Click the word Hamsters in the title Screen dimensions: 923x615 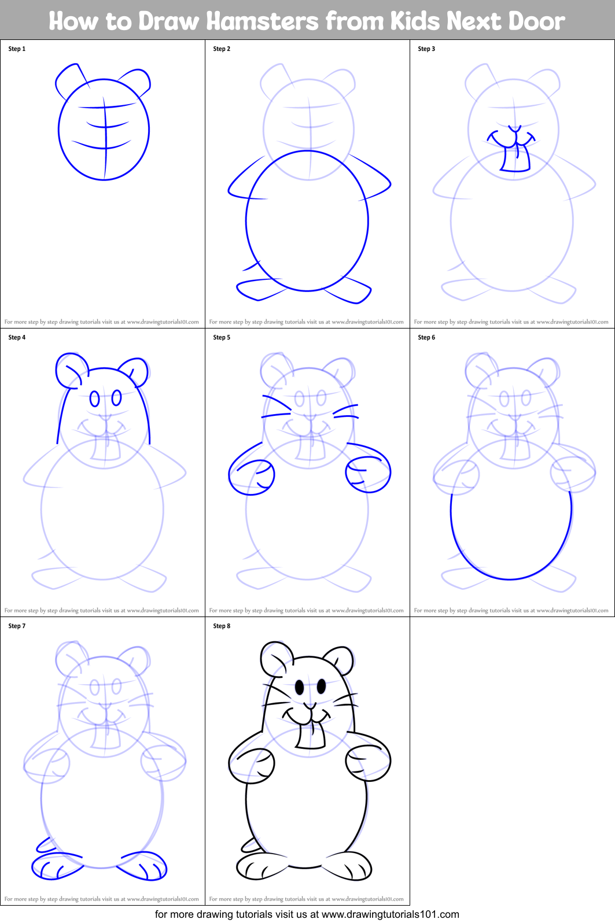(262, 21)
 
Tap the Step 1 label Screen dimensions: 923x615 (17, 49)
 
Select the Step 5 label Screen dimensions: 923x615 (222, 338)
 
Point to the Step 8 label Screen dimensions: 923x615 (222, 626)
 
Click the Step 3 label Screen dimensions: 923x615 (426, 49)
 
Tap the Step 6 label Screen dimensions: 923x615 (426, 338)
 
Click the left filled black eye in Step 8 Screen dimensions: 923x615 (300, 687)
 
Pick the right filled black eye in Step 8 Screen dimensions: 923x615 (321, 686)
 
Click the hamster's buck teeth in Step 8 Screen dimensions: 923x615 (310, 736)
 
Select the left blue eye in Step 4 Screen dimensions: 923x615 (94, 398)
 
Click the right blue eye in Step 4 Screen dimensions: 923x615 (117, 397)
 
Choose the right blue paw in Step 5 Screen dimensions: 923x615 (367, 474)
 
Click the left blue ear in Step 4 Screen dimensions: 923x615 (71, 370)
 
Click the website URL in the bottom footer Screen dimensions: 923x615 (390, 914)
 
